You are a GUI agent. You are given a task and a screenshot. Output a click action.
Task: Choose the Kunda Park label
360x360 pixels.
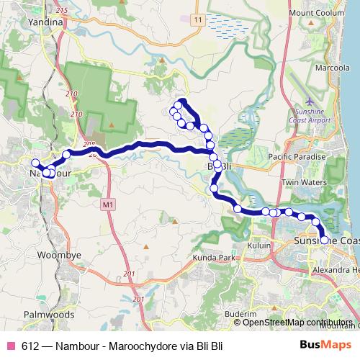(x=215, y=257)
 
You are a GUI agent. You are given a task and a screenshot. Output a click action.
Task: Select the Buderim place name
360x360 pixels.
(x=240, y=315)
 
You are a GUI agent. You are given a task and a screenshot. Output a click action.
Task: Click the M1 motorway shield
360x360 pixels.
(x=108, y=206)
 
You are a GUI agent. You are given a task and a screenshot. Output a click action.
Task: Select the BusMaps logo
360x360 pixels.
(x=323, y=345)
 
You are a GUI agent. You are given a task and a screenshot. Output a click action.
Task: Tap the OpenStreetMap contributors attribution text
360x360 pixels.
(x=297, y=322)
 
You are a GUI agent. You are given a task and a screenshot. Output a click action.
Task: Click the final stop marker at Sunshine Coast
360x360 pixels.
(x=324, y=240)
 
